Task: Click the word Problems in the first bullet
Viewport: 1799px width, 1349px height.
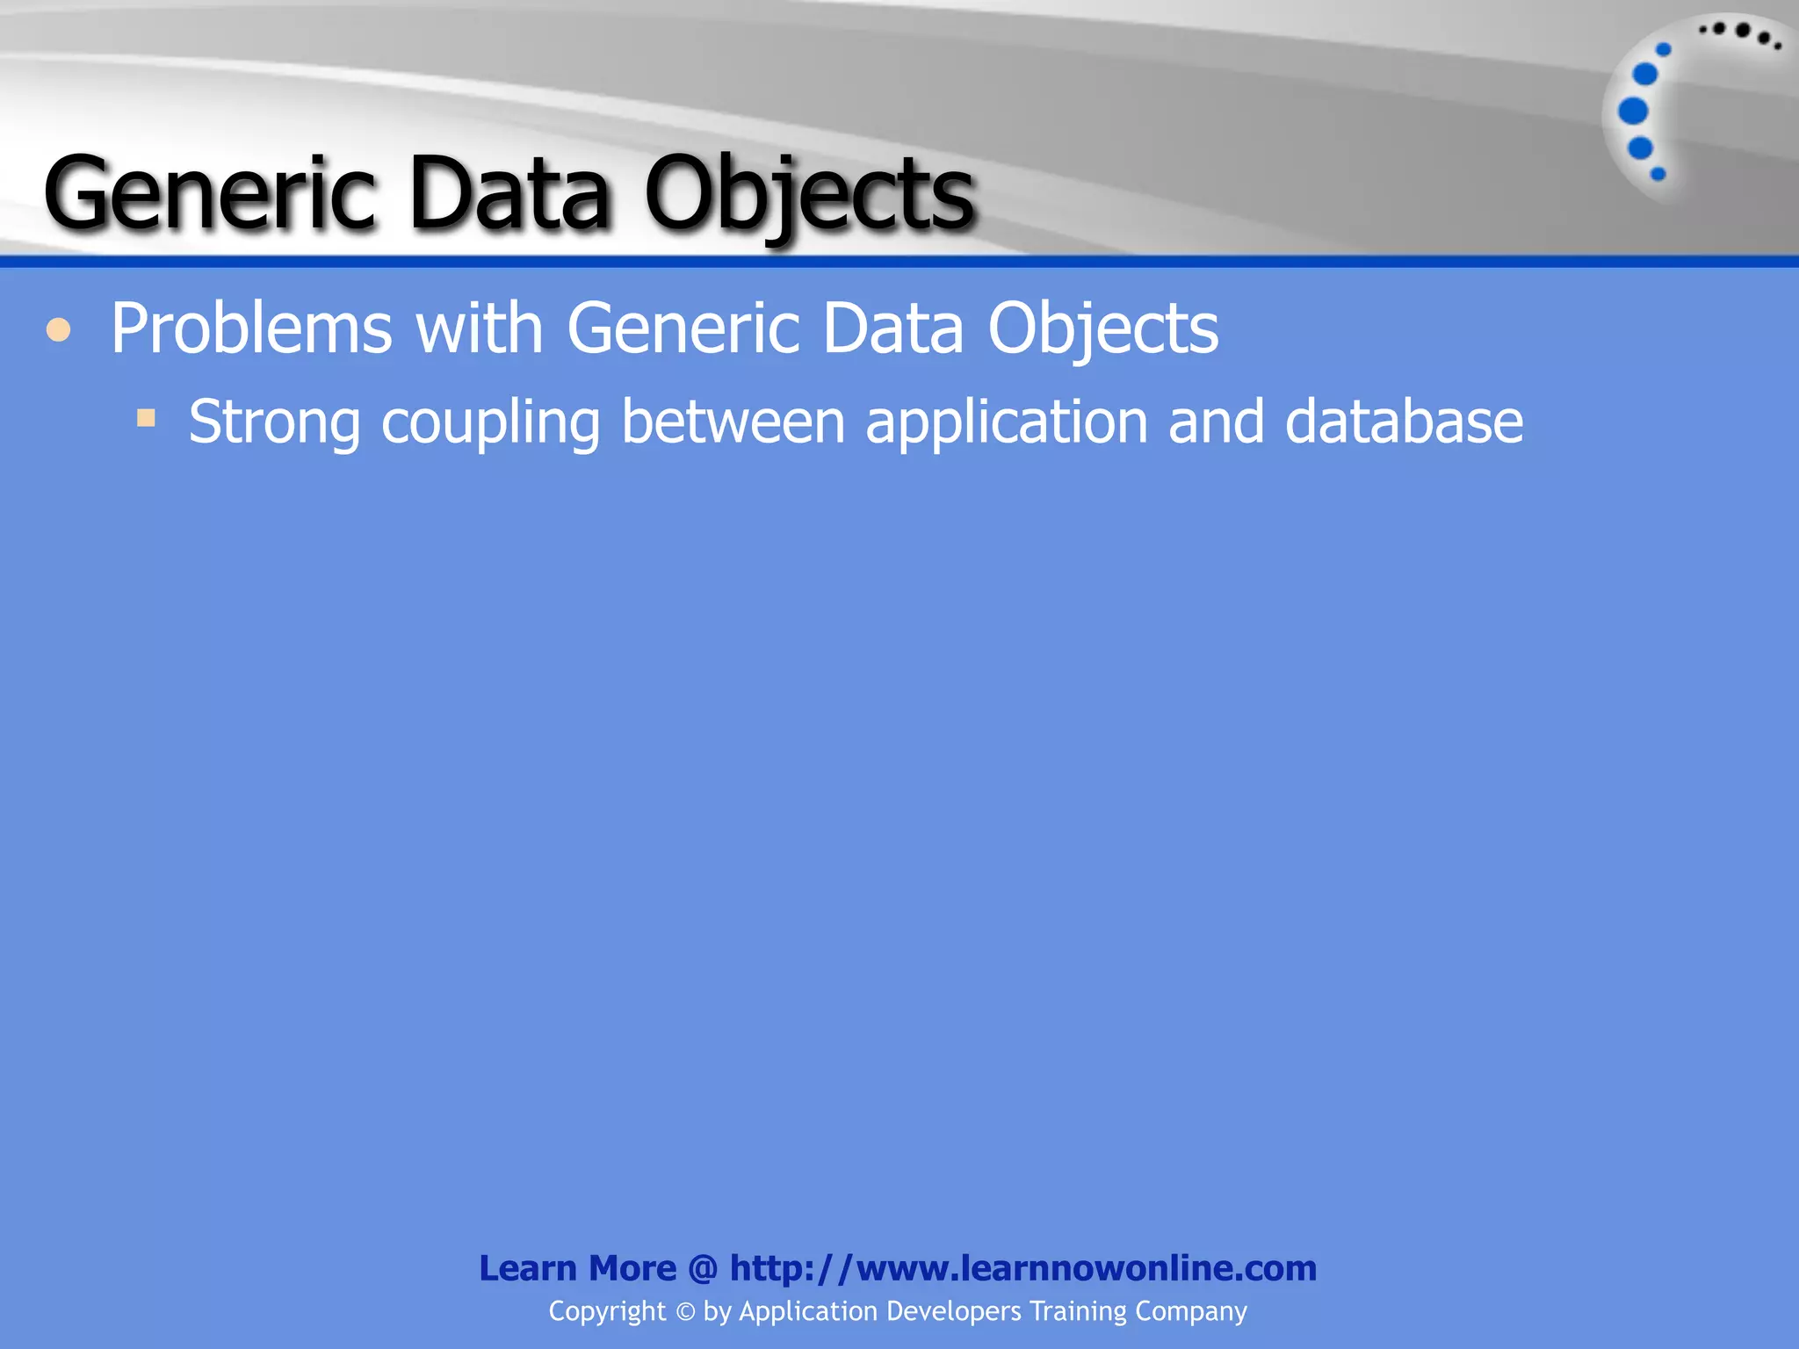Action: pyautogui.click(x=251, y=329)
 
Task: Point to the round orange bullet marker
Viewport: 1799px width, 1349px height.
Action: pyautogui.click(x=59, y=330)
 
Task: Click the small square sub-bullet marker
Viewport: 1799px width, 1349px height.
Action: pyautogui.click(x=146, y=417)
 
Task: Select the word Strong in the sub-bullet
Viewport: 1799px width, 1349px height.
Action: pyautogui.click(x=274, y=422)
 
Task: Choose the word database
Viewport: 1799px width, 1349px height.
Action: pyautogui.click(x=1404, y=422)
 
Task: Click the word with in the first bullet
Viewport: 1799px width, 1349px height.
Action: pyautogui.click(x=480, y=329)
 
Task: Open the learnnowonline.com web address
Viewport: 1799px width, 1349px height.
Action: pyautogui.click(x=1023, y=1268)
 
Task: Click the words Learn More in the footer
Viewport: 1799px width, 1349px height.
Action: pyautogui.click(x=577, y=1268)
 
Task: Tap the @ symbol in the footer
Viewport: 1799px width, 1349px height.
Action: pyautogui.click(x=703, y=1268)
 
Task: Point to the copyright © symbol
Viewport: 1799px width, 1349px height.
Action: pyautogui.click(x=685, y=1312)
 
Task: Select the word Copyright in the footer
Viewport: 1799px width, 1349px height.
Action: pyautogui.click(x=607, y=1312)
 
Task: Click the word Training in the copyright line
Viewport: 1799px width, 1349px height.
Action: pyautogui.click(x=1078, y=1312)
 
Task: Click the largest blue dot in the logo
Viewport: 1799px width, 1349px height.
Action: pyautogui.click(x=1633, y=112)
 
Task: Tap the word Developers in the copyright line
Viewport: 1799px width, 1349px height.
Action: pyautogui.click(x=954, y=1312)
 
